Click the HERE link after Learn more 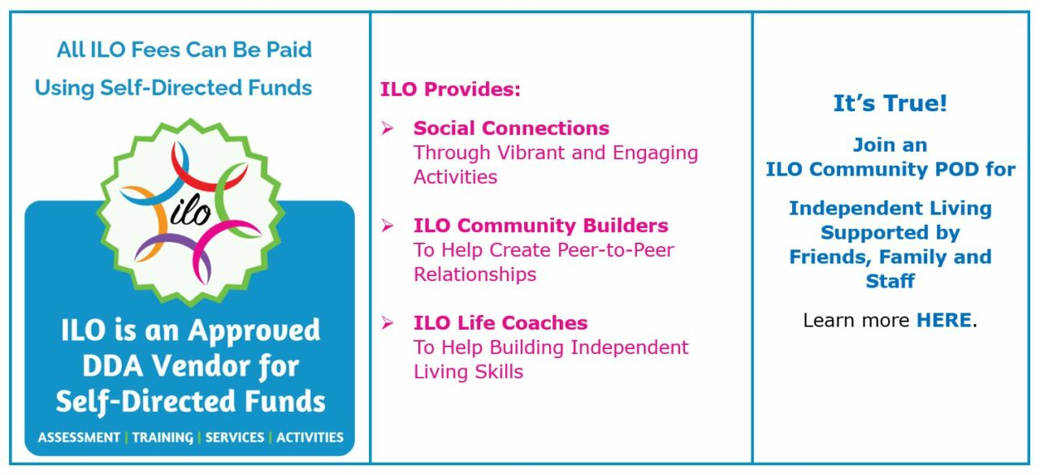[943, 321]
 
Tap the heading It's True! [890, 104]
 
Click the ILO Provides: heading [450, 89]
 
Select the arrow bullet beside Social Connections [388, 128]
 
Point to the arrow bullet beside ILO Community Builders [388, 226]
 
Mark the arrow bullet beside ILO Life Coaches [388, 323]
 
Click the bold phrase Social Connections [511, 128]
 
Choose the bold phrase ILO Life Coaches [500, 323]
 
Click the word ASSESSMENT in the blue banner [78, 438]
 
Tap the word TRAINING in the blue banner [164, 438]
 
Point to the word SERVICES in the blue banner [234, 438]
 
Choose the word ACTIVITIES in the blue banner [310, 438]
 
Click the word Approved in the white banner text [254, 331]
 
